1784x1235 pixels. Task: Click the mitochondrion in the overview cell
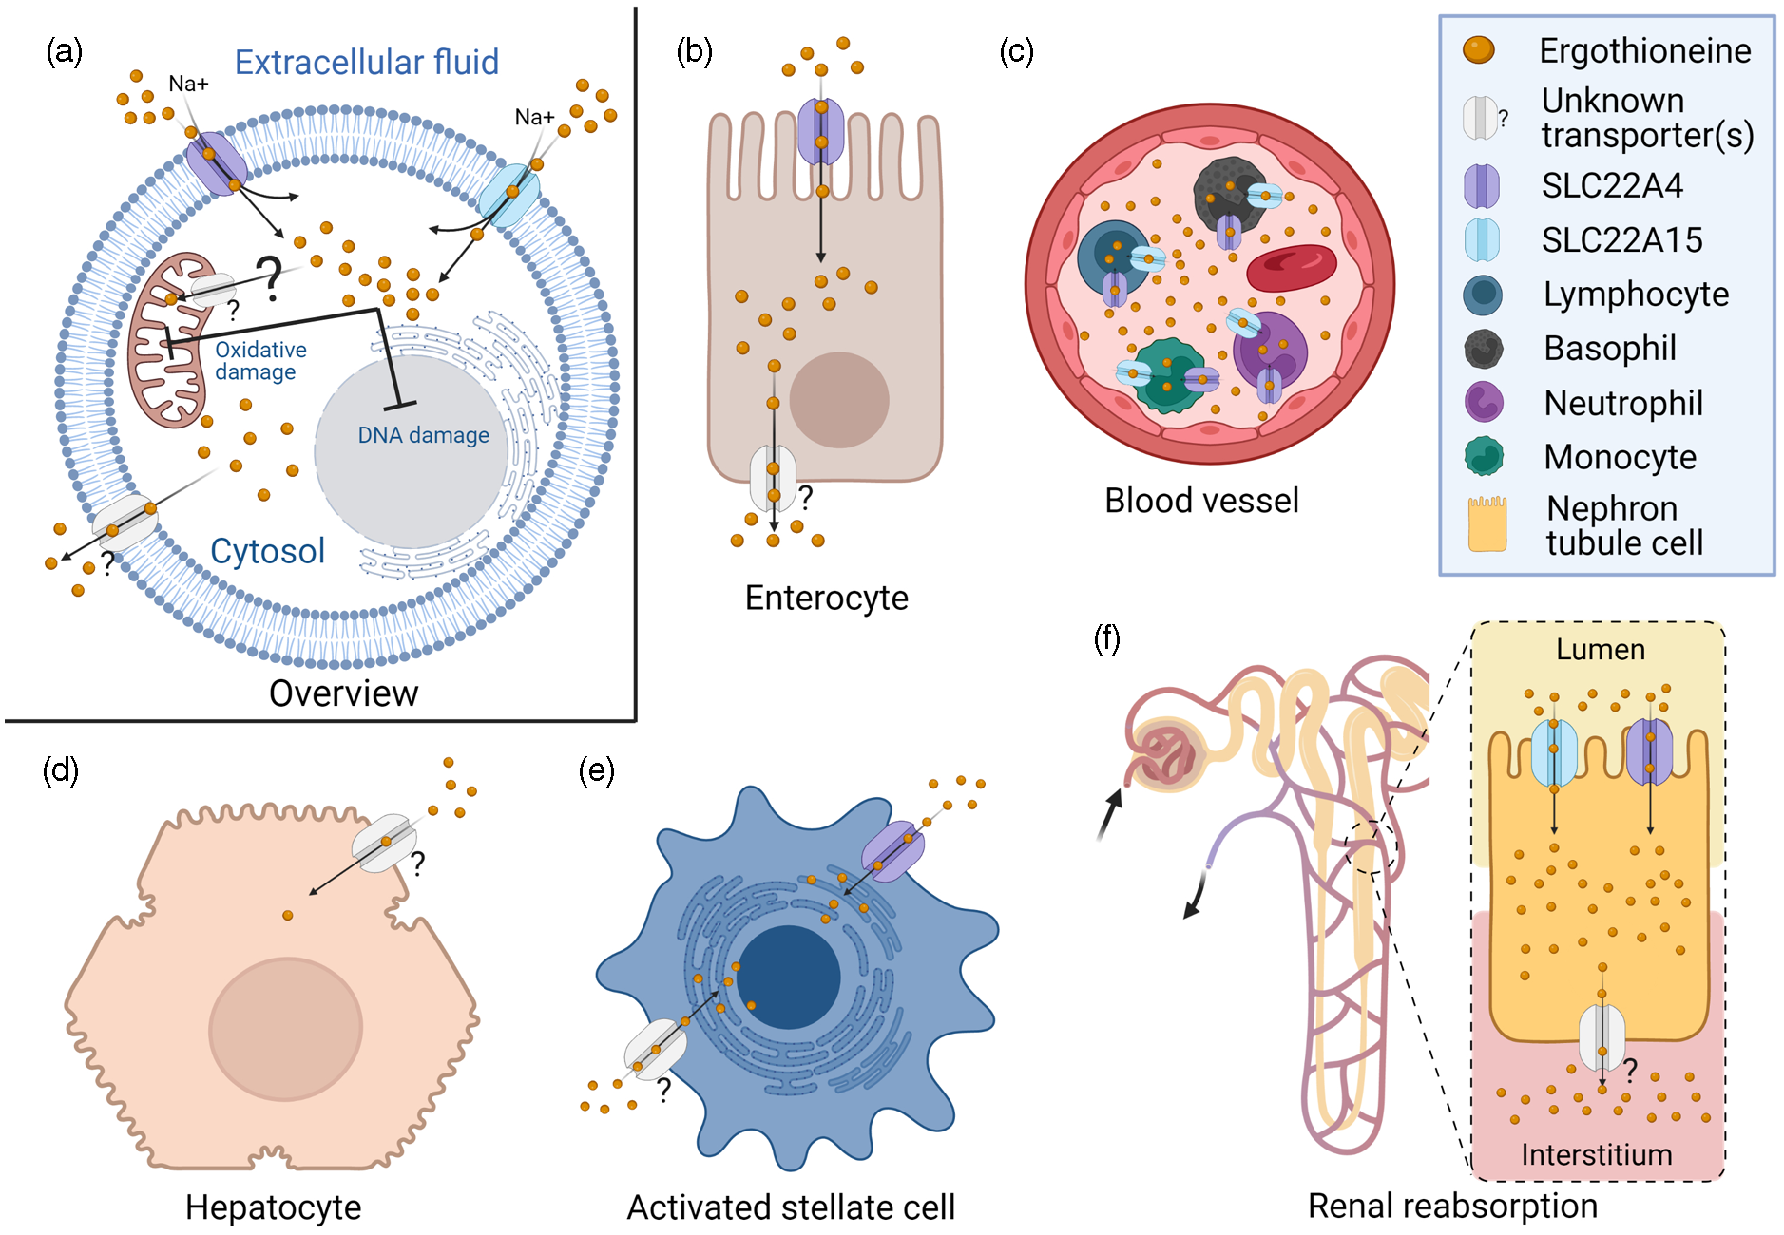pos(166,342)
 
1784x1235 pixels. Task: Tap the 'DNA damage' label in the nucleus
pos(423,435)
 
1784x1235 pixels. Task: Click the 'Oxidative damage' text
pos(259,361)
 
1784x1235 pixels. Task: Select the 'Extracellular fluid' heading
pos(366,63)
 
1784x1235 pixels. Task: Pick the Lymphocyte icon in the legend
pos(1482,294)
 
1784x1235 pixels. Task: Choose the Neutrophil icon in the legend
pos(1483,403)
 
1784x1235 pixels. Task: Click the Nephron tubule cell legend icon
pos(1487,524)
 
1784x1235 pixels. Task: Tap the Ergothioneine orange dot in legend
pos(1478,50)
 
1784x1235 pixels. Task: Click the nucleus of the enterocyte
pos(838,400)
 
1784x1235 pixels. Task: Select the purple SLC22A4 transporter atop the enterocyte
pos(820,131)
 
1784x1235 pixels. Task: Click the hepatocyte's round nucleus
pos(285,1029)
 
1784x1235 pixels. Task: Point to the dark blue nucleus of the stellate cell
pos(788,978)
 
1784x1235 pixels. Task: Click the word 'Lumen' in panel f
pos(1600,650)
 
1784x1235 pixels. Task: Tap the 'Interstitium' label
pos(1596,1154)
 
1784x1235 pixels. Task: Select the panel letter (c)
pos(1016,50)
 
